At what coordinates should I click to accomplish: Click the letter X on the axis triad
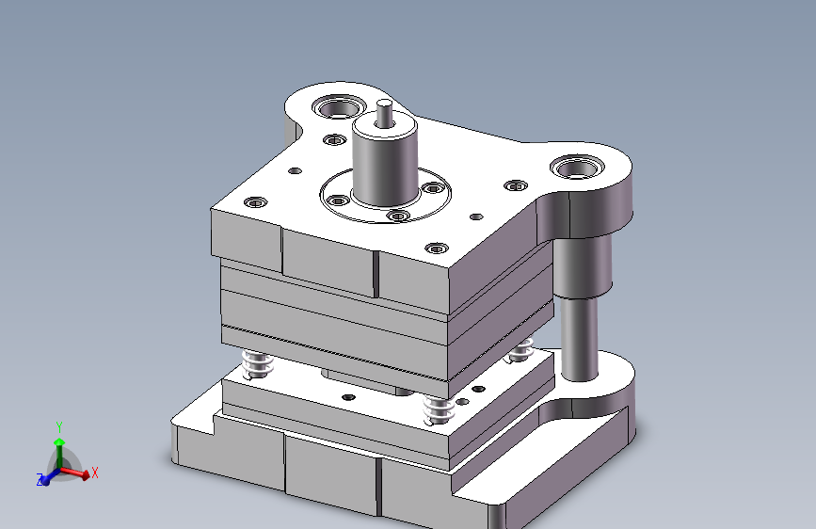tap(95, 473)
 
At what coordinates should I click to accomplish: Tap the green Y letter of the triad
tap(58, 427)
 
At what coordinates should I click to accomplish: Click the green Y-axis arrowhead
tap(59, 442)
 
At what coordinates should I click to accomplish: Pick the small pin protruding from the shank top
tap(385, 113)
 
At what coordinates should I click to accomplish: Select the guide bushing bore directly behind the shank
tap(339, 108)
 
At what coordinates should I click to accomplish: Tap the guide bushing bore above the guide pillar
tap(577, 168)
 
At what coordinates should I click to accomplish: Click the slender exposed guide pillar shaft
tap(579, 340)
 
